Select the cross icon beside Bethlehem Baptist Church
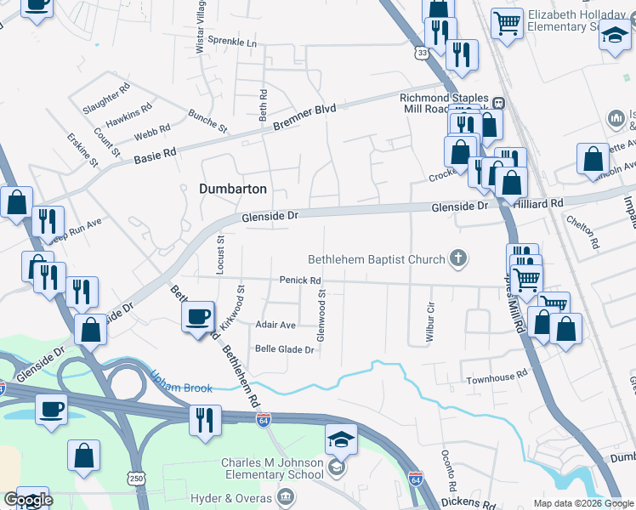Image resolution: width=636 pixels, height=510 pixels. pyautogui.click(x=459, y=259)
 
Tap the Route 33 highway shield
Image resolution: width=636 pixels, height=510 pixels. pyautogui.click(x=423, y=53)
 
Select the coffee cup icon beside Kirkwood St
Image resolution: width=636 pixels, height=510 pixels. pyautogui.click(x=198, y=318)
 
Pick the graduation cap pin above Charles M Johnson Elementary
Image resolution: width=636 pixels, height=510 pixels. pyautogui.click(x=340, y=439)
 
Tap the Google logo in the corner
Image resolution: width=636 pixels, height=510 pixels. pyautogui.click(x=27, y=500)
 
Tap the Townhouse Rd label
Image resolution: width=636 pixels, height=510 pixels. pyautogui.click(x=496, y=374)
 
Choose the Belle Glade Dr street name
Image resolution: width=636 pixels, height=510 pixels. pyautogui.click(x=285, y=348)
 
